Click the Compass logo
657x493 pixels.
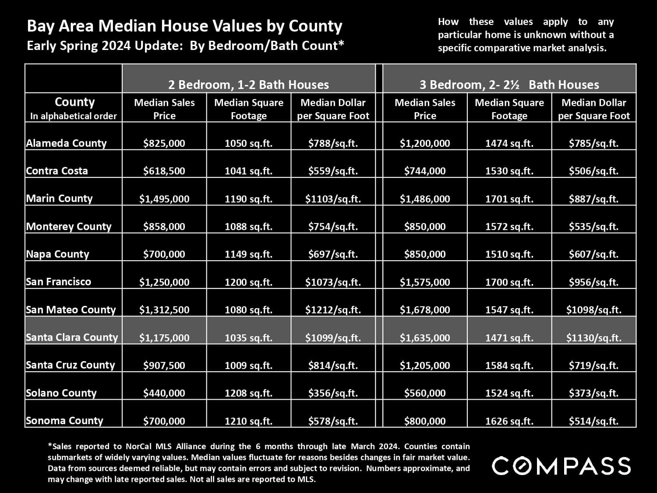click(561, 465)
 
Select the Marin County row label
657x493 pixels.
click(59, 199)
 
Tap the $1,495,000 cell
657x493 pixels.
click(164, 199)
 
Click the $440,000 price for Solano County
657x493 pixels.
click(164, 393)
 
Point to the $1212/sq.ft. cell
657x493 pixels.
click(333, 310)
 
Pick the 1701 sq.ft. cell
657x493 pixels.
click(509, 199)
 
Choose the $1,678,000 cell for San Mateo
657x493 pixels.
click(424, 310)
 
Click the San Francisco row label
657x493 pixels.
click(58, 282)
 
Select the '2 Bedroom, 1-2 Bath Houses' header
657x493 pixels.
click(248, 85)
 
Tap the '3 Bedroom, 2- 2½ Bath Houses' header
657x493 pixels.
click(509, 85)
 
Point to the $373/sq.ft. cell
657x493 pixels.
click(593, 393)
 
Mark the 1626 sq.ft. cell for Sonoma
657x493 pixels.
click(509, 421)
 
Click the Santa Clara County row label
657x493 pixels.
click(72, 337)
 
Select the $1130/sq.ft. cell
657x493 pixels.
click(593, 337)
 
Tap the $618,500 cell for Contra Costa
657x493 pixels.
click(164, 171)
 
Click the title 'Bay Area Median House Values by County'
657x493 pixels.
click(184, 26)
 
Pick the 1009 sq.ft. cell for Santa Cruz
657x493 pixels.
click(248, 365)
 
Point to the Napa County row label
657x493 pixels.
click(57, 254)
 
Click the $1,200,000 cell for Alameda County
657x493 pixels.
click(424, 143)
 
